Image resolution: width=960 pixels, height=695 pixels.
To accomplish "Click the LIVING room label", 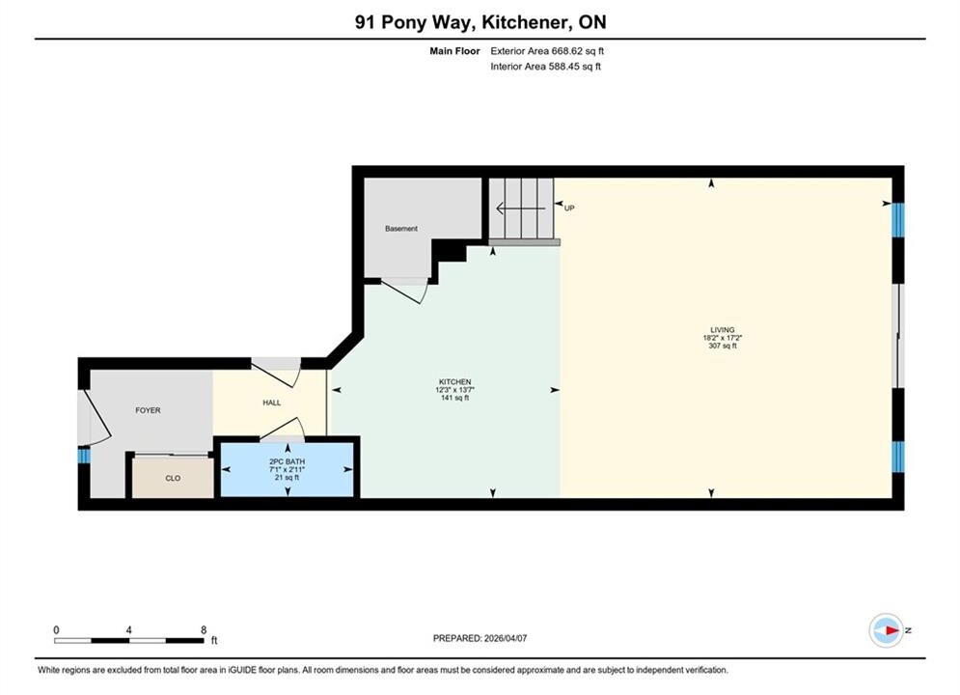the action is click(x=723, y=329).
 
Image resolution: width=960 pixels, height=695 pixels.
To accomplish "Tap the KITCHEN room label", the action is click(x=454, y=381).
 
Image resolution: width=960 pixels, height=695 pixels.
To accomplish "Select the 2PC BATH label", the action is click(x=288, y=461).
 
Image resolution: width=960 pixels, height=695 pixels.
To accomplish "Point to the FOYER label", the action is click(x=149, y=410).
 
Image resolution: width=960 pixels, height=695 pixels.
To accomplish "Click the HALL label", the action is click(x=272, y=403).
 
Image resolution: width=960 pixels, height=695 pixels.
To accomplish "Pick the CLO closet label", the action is click(x=173, y=478).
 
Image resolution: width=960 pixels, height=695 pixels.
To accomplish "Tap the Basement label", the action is click(x=401, y=229).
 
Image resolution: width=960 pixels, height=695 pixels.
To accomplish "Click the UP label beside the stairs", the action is click(x=569, y=208).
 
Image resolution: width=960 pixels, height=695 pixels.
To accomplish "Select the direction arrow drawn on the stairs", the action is click(x=520, y=208).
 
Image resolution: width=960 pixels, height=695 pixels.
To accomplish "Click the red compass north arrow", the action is click(x=892, y=630).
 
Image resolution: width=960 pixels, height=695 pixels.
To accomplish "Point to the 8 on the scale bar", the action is click(x=204, y=629).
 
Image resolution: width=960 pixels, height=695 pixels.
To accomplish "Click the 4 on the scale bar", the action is click(x=128, y=629).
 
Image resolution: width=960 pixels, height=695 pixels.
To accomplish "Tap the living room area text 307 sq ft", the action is click(x=723, y=346).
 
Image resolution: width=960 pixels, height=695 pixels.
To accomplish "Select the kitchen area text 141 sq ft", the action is click(x=454, y=398).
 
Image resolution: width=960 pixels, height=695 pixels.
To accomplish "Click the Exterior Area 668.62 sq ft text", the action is click(x=547, y=51).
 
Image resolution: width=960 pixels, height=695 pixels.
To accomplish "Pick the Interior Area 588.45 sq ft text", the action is click(x=545, y=67).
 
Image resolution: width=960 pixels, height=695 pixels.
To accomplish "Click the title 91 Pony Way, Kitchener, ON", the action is click(x=480, y=22).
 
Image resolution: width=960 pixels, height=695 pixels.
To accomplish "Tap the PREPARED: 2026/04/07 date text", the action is click(x=480, y=638).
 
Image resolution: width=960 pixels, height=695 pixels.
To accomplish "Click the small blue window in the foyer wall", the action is click(x=84, y=457).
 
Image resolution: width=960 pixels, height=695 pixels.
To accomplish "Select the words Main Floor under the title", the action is click(x=454, y=51).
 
